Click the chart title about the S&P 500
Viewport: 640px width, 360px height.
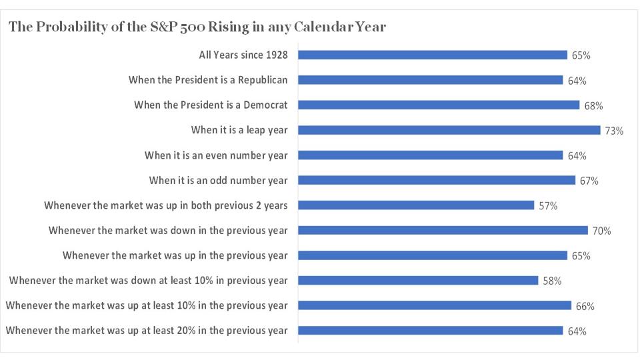197,27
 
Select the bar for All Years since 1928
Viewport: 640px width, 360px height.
432,55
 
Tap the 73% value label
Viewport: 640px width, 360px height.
614,131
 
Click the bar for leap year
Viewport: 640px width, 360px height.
449,130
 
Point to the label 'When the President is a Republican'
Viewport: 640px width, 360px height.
208,80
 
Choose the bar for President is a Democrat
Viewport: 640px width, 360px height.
438,105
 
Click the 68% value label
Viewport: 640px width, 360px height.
593,106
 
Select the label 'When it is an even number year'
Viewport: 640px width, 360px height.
216,155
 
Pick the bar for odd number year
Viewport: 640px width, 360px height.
436,180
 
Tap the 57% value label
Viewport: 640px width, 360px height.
548,206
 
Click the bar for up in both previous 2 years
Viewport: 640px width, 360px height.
415,205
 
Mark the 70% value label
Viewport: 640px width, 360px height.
601,231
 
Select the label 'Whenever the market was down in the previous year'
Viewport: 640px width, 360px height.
168,231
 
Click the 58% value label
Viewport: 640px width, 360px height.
552,281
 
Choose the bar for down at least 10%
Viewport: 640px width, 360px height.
417,280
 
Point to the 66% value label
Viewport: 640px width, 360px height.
585,307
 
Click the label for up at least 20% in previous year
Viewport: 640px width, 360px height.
147,331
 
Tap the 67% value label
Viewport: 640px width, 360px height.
589,181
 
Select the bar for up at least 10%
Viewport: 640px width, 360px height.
434,305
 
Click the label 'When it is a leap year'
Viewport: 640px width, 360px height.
239,130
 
